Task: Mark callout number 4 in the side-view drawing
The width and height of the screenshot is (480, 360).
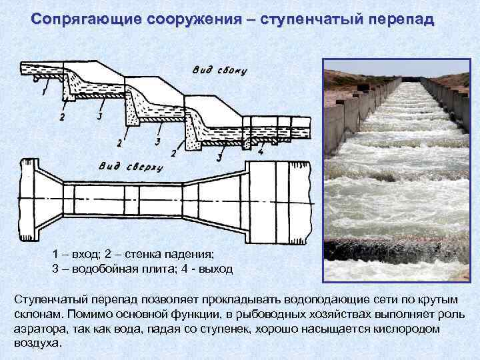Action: coord(261,152)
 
